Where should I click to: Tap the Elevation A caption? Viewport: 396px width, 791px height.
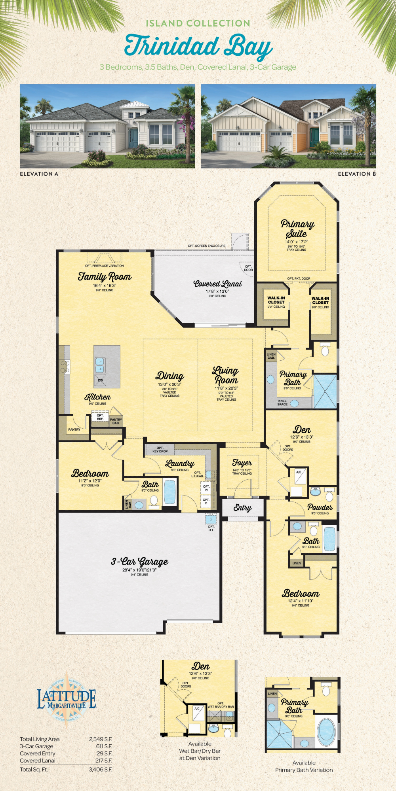39,174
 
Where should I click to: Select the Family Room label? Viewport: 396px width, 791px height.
105,277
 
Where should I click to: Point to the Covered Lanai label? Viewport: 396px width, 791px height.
217,284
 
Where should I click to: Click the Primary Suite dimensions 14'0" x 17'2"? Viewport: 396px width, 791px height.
296,242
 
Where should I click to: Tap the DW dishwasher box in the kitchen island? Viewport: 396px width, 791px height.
101,380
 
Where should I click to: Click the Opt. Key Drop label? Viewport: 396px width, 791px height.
160,450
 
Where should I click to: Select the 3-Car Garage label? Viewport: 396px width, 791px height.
139,562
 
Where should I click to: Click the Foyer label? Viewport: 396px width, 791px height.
242,463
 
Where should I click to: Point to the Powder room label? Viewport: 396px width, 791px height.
320,507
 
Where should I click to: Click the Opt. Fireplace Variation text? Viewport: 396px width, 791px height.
105,266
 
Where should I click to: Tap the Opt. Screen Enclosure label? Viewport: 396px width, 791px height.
206,246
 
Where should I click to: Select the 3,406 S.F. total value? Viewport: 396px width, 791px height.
100,770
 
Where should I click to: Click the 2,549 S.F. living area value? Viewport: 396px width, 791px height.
100,739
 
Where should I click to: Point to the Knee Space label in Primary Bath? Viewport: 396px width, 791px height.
282,403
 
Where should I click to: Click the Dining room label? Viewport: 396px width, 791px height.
170,376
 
